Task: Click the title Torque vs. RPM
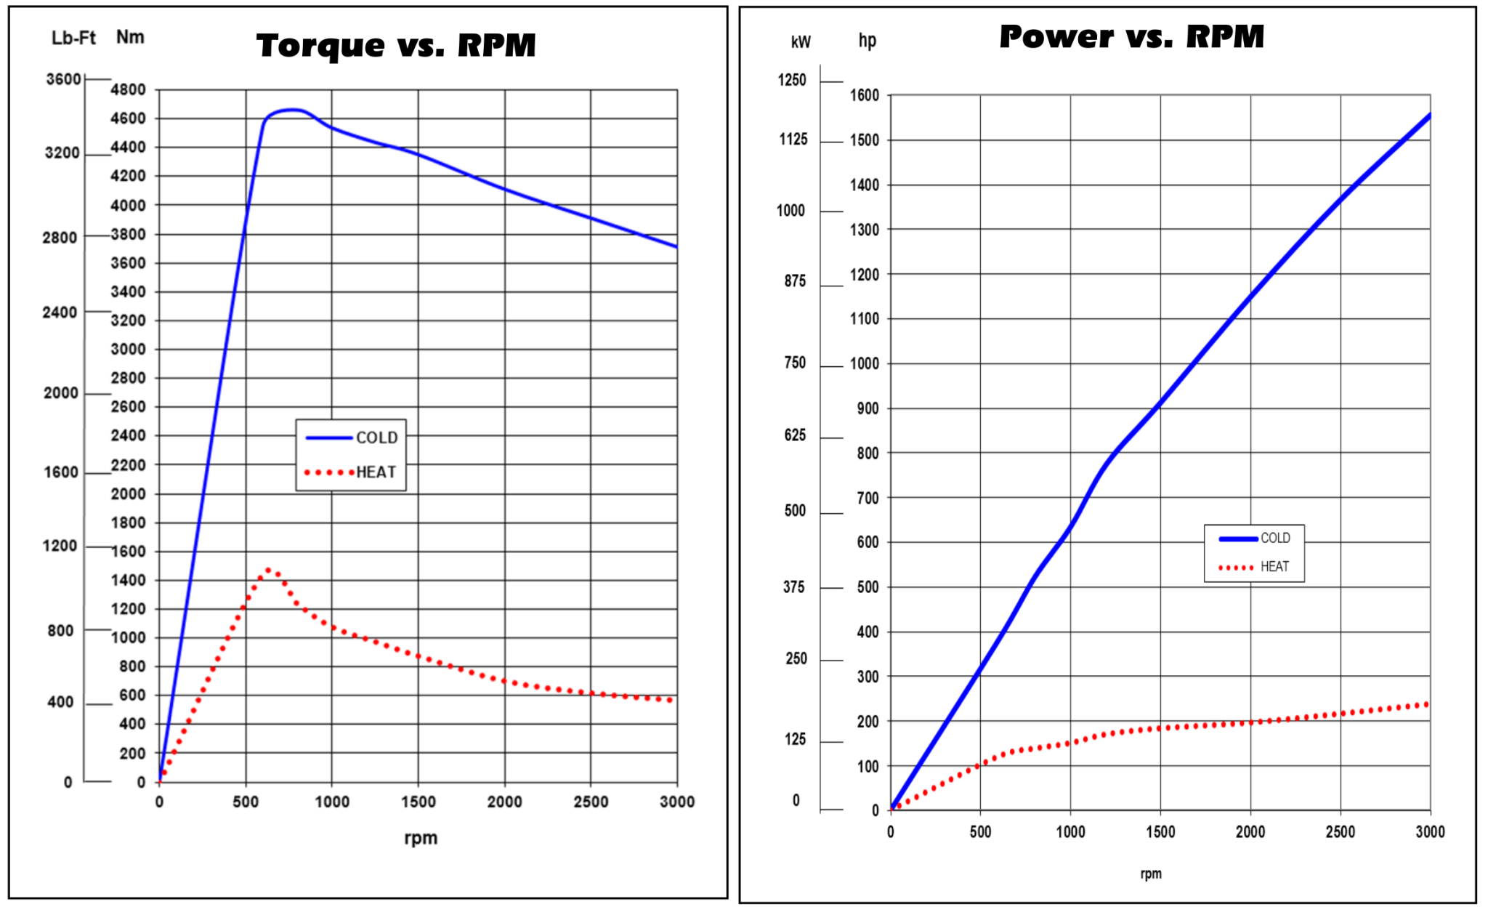(396, 45)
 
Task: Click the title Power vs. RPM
(1131, 36)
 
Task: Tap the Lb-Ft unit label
(73, 38)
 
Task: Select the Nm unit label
(130, 37)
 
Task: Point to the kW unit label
(800, 42)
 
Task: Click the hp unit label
(867, 41)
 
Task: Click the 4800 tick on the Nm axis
(128, 90)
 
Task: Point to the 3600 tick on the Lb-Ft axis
(64, 79)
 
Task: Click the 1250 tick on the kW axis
(792, 80)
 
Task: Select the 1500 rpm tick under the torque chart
(418, 802)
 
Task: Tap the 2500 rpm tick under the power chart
(1340, 832)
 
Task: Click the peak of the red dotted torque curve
(269, 571)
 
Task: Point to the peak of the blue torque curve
(291, 110)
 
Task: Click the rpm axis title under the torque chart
(421, 838)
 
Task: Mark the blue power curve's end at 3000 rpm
(1429, 115)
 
